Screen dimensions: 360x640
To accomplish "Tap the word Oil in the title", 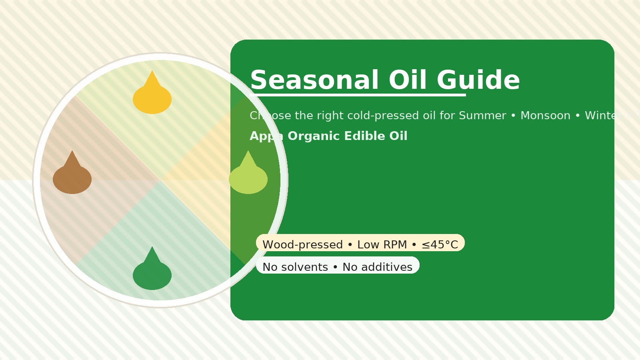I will coord(408,80).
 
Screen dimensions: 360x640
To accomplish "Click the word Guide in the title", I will coord(478,80).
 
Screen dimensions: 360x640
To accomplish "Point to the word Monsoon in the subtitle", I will coord(545,116).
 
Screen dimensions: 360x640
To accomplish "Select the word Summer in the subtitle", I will coord(482,116).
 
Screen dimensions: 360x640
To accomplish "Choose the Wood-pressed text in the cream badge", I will coord(302,244).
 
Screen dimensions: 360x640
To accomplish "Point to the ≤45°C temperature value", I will coord(440,244).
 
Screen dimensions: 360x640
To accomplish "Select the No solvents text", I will coord(295,267).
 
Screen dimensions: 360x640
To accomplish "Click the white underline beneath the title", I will coord(358,95).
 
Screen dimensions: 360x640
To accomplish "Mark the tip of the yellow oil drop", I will coord(152,72).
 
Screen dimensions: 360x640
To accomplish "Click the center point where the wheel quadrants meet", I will coord(160,180).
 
